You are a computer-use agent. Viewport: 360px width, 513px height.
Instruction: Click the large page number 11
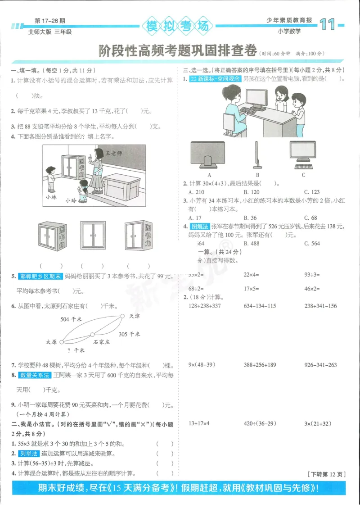[328, 25]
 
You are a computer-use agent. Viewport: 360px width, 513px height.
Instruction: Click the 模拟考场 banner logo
[177, 26]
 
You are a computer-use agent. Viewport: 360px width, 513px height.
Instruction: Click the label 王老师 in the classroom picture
[114, 153]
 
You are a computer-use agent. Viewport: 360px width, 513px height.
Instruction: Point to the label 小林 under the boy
[51, 197]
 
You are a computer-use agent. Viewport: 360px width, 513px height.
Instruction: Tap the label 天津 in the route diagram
[134, 316]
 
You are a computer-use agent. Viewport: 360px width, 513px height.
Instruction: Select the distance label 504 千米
[71, 319]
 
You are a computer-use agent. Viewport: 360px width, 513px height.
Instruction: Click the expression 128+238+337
[205, 306]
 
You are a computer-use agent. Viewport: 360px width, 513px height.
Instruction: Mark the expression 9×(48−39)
[201, 365]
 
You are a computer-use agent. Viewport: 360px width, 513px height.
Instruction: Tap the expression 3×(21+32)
[318, 423]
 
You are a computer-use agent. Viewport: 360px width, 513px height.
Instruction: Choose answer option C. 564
[312, 244]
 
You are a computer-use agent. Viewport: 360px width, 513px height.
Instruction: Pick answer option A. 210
[195, 192]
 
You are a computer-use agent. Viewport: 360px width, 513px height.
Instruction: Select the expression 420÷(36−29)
[260, 423]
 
